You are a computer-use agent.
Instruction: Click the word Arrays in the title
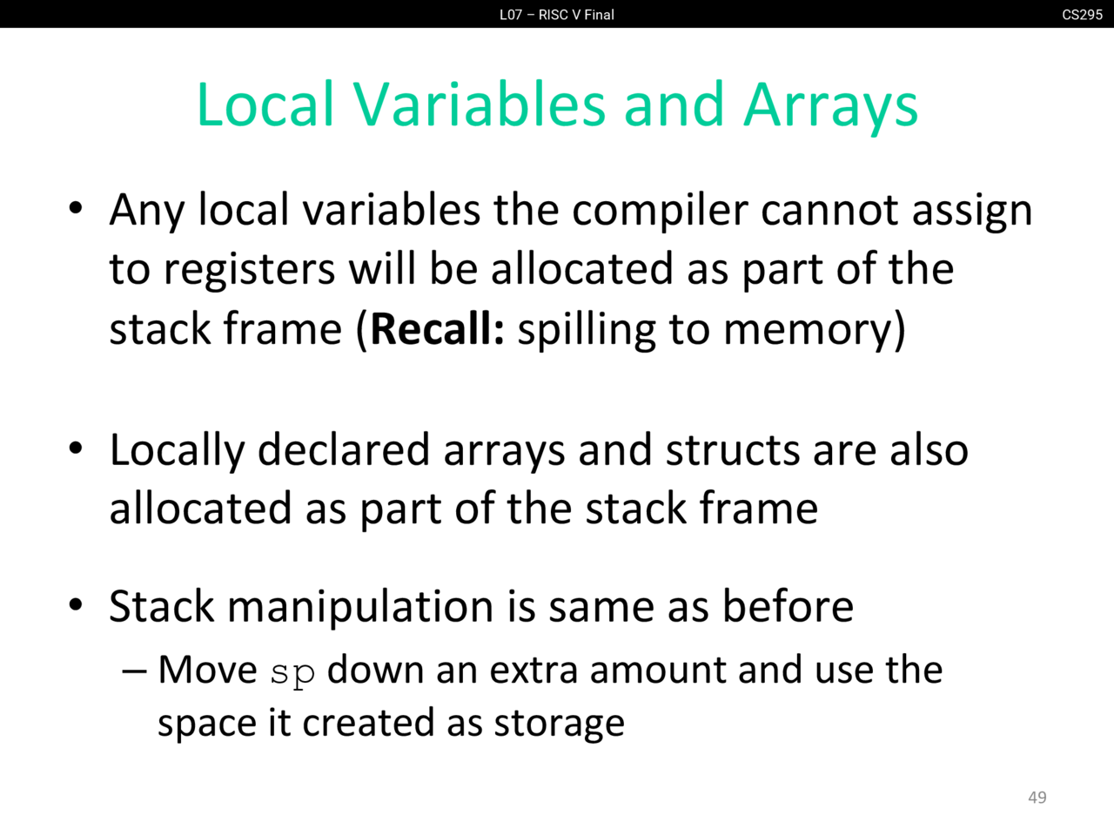click(x=830, y=105)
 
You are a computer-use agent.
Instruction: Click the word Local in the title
click(x=265, y=104)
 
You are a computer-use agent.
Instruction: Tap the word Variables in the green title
click(x=479, y=104)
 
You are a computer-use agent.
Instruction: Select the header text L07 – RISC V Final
click(x=557, y=15)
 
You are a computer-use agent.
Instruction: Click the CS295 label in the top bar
click(x=1082, y=15)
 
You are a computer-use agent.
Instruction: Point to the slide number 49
click(x=1037, y=798)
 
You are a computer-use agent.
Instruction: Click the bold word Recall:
click(x=437, y=329)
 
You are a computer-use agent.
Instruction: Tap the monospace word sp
click(x=292, y=673)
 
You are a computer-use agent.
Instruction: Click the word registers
click(x=249, y=270)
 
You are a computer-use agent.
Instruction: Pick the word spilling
click(x=587, y=330)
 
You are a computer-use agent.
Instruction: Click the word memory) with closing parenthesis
click(x=814, y=331)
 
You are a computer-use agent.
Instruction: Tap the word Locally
click(x=178, y=451)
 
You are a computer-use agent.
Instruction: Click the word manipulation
click(x=360, y=607)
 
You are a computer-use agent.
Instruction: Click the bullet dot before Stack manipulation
click(x=76, y=604)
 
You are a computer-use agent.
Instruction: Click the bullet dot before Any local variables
click(x=76, y=208)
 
